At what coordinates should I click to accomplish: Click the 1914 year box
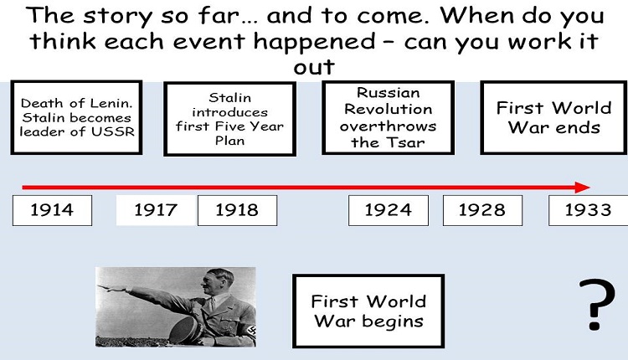52,210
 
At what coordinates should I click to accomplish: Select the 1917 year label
156,210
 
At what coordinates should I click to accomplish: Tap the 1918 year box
237,210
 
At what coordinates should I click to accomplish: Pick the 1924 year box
388,210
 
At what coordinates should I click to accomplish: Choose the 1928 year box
482,210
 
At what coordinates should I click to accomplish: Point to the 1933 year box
588,210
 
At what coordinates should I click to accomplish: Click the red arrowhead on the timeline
582,187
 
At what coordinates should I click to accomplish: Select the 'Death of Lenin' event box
76,117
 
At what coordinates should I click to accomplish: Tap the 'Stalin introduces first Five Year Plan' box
230,119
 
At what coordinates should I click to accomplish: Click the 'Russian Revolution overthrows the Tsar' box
388,118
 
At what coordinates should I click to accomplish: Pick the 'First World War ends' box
554,118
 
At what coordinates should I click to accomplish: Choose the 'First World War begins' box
368,311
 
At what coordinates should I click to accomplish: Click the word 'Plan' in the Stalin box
230,141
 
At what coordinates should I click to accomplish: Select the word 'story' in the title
118,17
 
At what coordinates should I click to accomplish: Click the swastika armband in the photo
251,332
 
